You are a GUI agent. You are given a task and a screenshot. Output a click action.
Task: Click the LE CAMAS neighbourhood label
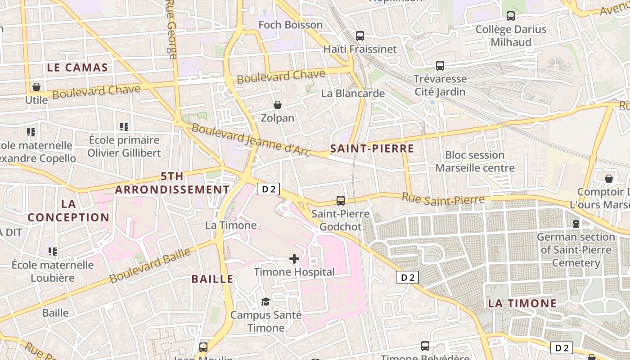[77, 68]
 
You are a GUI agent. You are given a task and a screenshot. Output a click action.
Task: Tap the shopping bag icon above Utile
[36, 86]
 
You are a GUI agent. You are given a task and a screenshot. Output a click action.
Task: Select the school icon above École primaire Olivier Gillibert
[124, 127]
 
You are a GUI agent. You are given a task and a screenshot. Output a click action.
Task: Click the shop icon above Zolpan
[278, 105]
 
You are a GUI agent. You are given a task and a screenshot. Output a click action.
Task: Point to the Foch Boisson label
[290, 25]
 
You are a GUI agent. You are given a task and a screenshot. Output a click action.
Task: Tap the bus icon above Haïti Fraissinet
[360, 36]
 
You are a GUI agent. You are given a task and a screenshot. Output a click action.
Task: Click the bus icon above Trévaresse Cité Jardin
[440, 66]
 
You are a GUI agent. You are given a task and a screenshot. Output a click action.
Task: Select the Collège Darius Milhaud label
[511, 36]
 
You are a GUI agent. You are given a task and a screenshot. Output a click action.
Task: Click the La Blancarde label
[353, 94]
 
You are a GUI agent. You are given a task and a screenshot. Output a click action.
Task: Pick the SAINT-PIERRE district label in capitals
[372, 148]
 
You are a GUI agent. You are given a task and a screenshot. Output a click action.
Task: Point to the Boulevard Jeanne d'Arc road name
[251, 140]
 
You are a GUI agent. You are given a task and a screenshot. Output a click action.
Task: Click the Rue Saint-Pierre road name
[443, 199]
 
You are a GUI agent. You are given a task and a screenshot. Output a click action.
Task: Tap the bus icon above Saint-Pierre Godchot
[341, 201]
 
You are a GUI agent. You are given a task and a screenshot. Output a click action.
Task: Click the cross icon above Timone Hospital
[294, 258]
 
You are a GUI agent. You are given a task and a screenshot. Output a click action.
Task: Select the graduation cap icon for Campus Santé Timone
[265, 301]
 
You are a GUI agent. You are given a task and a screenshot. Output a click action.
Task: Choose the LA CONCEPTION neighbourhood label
[68, 211]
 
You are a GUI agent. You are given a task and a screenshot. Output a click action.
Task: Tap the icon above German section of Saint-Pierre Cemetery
[576, 223]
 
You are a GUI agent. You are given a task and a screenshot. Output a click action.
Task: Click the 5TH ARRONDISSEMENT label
[172, 183]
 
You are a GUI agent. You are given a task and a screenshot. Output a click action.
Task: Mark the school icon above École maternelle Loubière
[53, 251]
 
